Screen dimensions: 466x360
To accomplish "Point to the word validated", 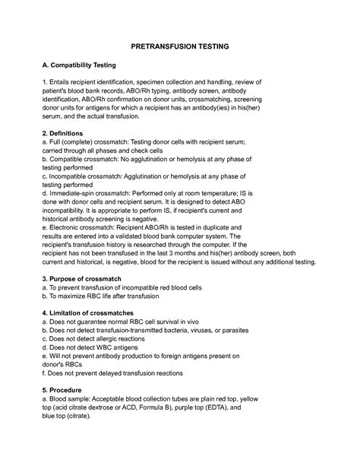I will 142,236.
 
